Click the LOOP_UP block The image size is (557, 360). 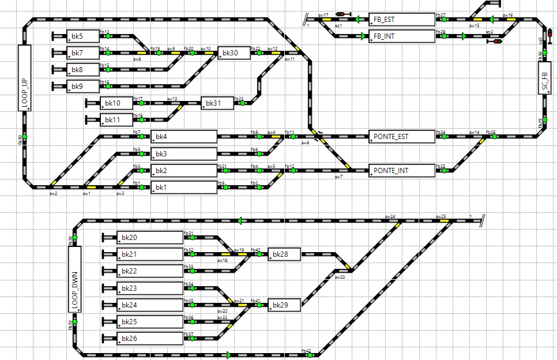tap(24, 77)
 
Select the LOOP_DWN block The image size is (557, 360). tap(75, 279)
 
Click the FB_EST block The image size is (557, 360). tap(401, 20)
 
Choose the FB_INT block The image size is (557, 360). tap(401, 36)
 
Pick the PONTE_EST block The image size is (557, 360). tap(401, 137)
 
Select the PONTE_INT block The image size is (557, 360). tap(401, 171)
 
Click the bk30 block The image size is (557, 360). tap(234, 53)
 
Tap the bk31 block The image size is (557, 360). tap(217, 103)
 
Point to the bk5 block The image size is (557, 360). tap(83, 36)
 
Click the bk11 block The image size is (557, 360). tap(116, 120)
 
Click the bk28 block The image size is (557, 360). tap(284, 254)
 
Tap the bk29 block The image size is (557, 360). tap(284, 305)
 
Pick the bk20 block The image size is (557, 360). tap(149, 238)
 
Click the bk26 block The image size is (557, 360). tap(149, 338)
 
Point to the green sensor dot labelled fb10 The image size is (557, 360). tap(24, 137)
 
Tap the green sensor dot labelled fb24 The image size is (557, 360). tap(443, 137)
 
